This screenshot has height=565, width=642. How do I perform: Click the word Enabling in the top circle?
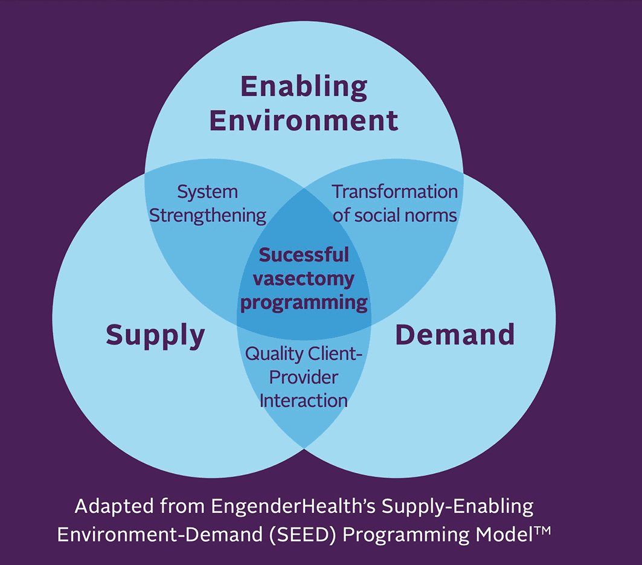click(x=304, y=88)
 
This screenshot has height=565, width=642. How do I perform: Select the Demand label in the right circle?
click(x=455, y=334)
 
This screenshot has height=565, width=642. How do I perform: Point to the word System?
click(x=207, y=192)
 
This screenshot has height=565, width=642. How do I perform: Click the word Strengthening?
click(x=207, y=215)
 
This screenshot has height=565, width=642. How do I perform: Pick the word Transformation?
click(x=395, y=192)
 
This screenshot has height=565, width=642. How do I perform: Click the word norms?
click(x=432, y=215)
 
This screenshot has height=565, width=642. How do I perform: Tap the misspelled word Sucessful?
click(x=304, y=255)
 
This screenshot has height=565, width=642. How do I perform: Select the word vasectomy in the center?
click(x=304, y=279)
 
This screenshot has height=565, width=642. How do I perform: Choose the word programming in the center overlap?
click(x=304, y=302)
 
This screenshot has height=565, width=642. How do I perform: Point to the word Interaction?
click(x=304, y=400)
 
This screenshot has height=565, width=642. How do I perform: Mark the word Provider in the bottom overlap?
click(x=304, y=377)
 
